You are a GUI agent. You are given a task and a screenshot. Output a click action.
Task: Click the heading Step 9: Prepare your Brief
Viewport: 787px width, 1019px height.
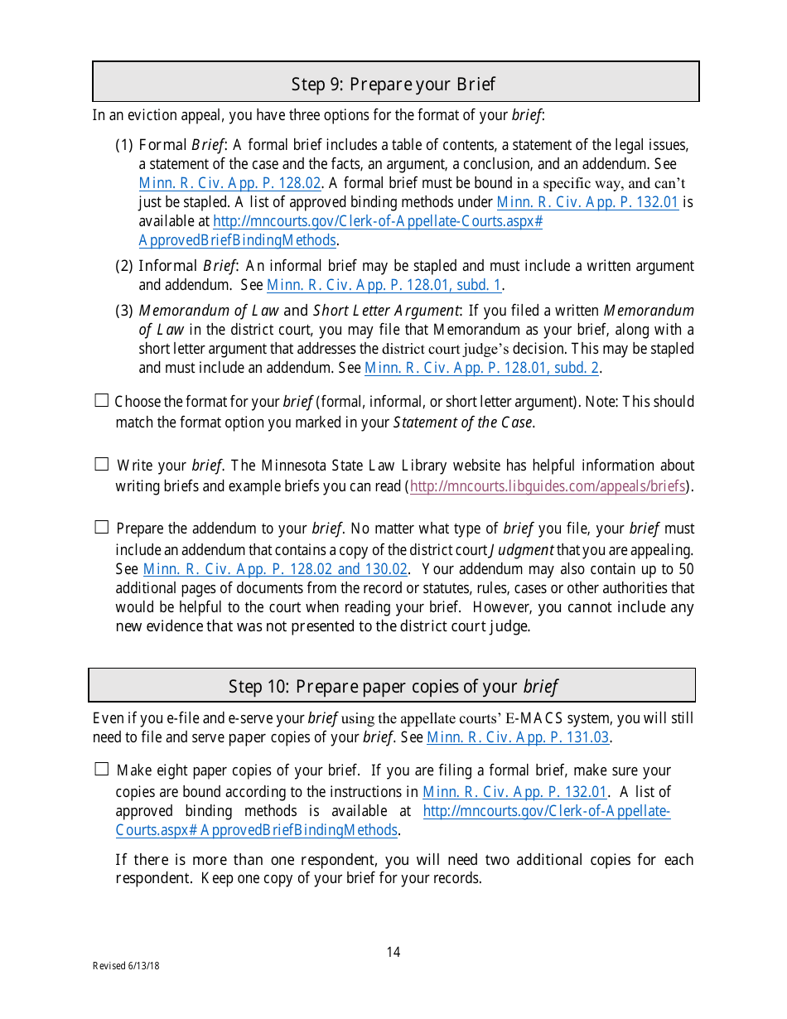coord(393,84)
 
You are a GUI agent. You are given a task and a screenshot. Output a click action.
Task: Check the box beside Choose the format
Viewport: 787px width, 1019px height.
coord(102,401)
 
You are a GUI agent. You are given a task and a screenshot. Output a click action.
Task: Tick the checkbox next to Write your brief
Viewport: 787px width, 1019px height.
coord(102,464)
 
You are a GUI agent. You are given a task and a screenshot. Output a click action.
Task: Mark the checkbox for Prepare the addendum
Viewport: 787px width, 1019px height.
coord(102,527)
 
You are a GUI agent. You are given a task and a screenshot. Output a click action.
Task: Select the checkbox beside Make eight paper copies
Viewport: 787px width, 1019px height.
coord(102,769)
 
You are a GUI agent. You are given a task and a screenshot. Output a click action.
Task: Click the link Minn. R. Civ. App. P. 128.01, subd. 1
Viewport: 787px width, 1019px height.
coord(384,285)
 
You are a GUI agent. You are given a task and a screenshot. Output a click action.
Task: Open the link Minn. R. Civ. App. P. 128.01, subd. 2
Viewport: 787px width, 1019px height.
coord(482,368)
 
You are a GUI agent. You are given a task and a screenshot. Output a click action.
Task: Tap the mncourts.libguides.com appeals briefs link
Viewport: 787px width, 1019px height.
coord(548,486)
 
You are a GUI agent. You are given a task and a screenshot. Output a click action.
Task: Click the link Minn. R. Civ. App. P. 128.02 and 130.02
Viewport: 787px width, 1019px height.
coord(275,569)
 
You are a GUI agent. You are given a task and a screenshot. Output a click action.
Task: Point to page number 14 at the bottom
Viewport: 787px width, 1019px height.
coord(393,952)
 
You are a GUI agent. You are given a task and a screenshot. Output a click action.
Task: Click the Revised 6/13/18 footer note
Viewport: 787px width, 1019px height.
coord(126,966)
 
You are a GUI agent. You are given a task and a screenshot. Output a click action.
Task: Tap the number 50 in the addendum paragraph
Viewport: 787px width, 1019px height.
coord(686,569)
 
